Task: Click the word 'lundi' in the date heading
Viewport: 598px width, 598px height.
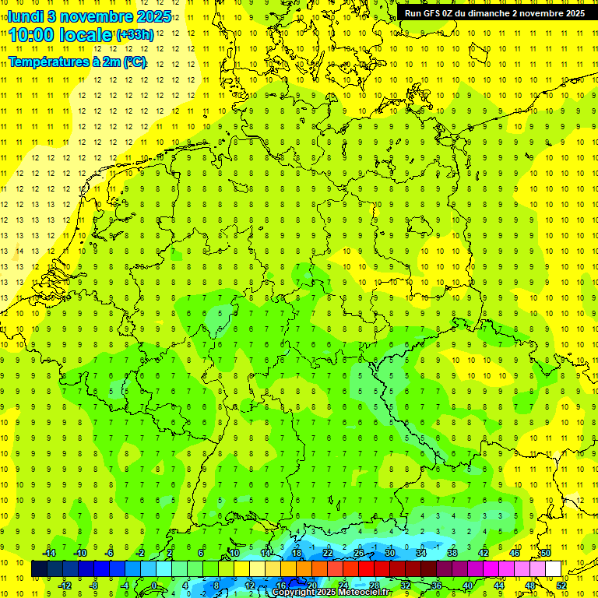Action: (x=26, y=16)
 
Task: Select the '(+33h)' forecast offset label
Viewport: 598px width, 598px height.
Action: (x=135, y=35)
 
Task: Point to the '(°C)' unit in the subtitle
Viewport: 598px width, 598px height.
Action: (x=134, y=62)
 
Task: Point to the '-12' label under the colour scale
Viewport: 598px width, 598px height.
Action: (x=65, y=586)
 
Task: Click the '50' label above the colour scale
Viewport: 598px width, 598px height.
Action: (x=546, y=553)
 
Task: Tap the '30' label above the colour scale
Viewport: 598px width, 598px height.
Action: (x=389, y=553)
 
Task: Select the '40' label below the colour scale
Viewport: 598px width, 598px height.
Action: (x=467, y=586)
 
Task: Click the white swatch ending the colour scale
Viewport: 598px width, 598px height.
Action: (x=553, y=569)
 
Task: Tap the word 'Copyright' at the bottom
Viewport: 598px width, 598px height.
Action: (x=294, y=593)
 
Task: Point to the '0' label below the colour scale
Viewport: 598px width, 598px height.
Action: (x=154, y=586)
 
